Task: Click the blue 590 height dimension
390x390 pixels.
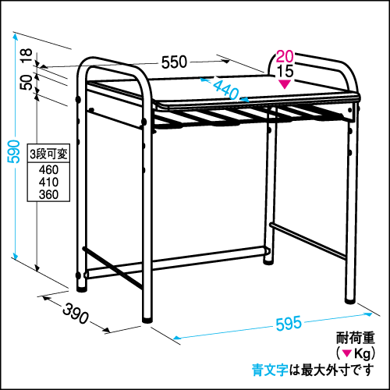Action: pos(13,151)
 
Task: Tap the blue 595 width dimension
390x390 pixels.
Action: pos(289,324)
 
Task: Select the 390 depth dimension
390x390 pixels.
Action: pos(76,314)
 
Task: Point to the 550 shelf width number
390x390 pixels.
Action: pos(174,62)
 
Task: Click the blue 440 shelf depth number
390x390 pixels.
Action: pos(225,89)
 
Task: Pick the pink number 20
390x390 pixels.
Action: pos(285,56)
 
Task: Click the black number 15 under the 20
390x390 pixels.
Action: pos(285,71)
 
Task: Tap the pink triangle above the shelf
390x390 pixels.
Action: pos(285,84)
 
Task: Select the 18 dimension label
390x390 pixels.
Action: pos(27,55)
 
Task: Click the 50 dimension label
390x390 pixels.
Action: pos(27,82)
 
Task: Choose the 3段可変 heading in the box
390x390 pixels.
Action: pos(48,154)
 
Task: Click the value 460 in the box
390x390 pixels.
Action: pos(48,170)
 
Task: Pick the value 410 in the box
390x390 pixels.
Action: pos(48,183)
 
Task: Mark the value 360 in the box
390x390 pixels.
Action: pos(48,194)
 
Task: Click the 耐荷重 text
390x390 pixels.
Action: pos(356,338)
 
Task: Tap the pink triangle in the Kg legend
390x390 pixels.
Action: pos(347,353)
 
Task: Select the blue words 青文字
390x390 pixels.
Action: pos(270,370)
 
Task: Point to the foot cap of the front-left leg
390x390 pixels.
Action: pos(147,320)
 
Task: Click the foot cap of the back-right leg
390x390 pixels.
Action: pos(268,261)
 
